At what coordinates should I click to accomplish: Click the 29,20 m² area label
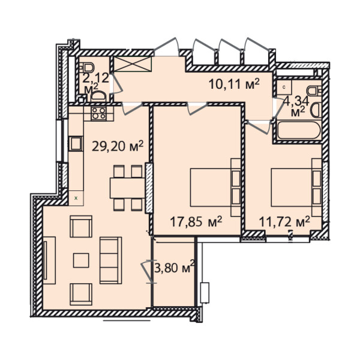118,146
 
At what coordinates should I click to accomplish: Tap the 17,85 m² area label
196,221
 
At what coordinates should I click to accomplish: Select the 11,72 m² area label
284,222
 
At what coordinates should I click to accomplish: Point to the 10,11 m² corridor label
234,84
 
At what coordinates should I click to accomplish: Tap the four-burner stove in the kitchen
99,113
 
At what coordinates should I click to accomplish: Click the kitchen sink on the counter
76,144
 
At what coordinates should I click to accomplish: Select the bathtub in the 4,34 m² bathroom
299,131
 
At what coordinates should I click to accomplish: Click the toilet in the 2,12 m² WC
88,68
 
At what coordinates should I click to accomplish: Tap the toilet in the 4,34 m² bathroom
314,91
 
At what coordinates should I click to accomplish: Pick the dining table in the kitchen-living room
128,188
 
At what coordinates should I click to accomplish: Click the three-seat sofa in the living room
110,260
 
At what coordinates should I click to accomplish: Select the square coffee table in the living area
81,260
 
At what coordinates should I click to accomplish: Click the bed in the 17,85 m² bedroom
215,187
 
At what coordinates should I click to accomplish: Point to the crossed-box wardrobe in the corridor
133,64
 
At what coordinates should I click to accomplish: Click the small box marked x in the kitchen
76,198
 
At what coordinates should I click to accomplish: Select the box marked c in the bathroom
284,87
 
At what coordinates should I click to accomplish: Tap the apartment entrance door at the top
166,46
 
